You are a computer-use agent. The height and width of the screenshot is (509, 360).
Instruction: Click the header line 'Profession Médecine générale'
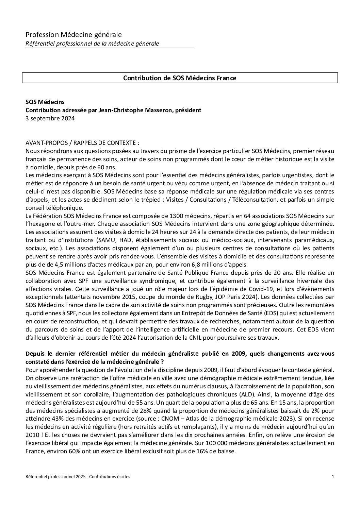click(73, 35)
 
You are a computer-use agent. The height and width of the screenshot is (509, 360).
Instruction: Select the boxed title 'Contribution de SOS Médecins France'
click(180, 78)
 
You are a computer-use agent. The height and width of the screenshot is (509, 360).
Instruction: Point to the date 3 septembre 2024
click(50, 118)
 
